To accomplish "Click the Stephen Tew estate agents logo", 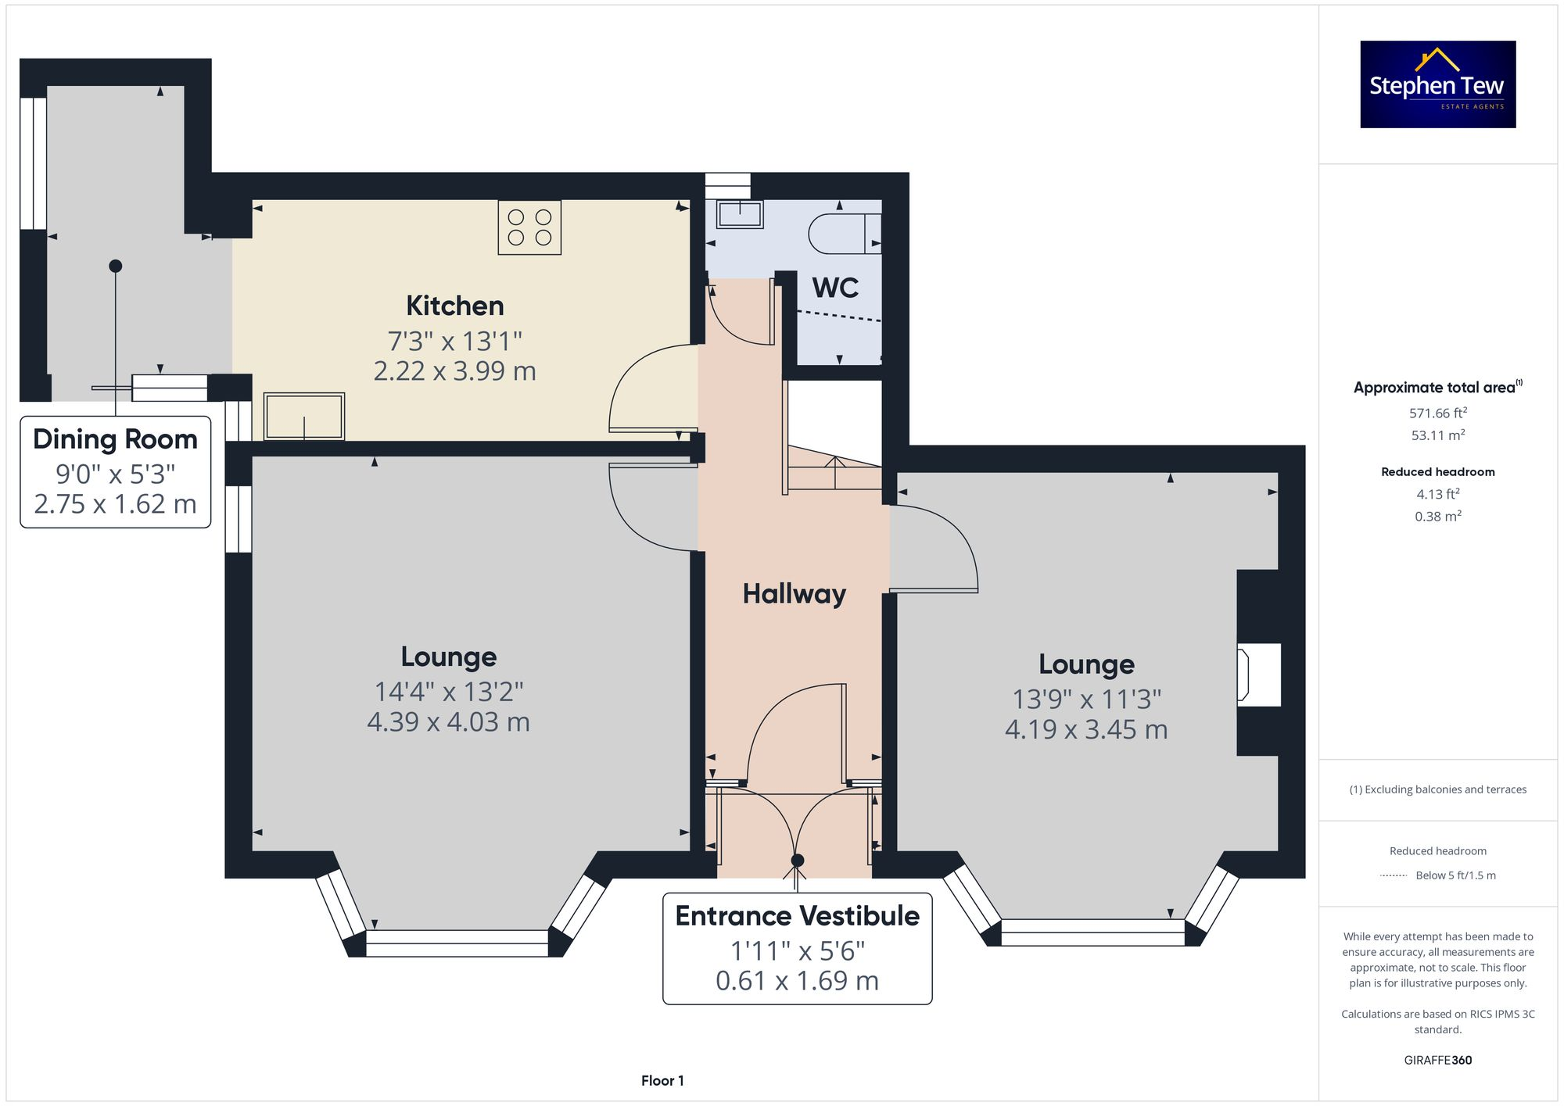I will tap(1437, 84).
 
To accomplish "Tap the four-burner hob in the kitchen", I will tap(529, 227).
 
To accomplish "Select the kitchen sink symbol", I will tap(304, 416).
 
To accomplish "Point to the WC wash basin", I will tap(740, 214).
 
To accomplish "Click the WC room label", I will tap(835, 288).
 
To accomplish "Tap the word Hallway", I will tap(794, 594).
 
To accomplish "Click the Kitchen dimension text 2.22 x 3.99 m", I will tap(454, 370).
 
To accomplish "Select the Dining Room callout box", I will tap(115, 471).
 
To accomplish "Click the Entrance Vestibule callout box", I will tap(797, 948).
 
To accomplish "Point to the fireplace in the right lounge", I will tap(1257, 675).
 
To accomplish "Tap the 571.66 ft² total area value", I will tap(1437, 413).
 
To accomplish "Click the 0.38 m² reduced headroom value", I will tap(1437, 516).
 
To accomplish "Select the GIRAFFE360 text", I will tap(1437, 1060).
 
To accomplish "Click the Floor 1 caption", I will tap(662, 1080).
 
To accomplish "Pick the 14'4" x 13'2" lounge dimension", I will tap(448, 691).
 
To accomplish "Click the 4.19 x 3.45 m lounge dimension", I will tap(1085, 729).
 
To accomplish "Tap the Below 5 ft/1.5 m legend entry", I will tap(1455, 875).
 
